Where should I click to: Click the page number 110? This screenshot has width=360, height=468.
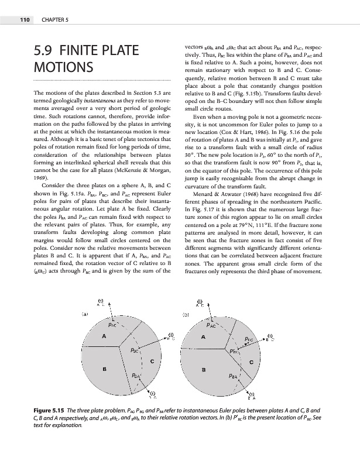coord(24,20)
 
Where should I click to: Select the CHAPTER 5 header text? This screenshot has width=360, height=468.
coord(54,20)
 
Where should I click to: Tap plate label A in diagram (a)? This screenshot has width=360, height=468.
coord(104,336)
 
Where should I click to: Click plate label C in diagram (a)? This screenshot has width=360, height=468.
coord(152,361)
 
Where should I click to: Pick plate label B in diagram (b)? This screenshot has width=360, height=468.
coord(203,369)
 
